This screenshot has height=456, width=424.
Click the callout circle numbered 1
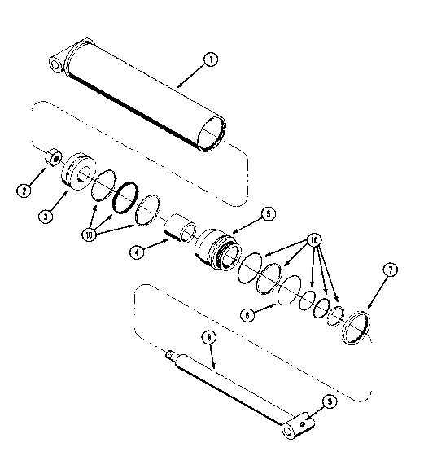211,59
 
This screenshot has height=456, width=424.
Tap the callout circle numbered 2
24,191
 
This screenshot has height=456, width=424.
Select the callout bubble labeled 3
46,217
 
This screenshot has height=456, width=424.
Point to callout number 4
137,252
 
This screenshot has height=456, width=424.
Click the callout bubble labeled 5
268,214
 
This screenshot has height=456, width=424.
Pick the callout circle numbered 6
247,315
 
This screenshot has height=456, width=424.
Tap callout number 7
391,270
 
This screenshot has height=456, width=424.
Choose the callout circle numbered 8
209,338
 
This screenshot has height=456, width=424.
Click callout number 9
330,402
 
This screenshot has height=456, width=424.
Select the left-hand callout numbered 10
90,235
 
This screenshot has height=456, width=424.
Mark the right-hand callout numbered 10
314,240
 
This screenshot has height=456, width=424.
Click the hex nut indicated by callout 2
53,157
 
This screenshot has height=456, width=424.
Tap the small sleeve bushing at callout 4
179,229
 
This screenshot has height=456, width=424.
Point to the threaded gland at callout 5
217,249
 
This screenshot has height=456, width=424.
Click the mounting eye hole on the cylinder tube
55,64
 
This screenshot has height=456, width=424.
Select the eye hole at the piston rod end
287,430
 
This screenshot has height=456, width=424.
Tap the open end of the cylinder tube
212,134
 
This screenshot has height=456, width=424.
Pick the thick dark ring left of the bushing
125,197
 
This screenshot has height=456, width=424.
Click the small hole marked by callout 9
303,423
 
